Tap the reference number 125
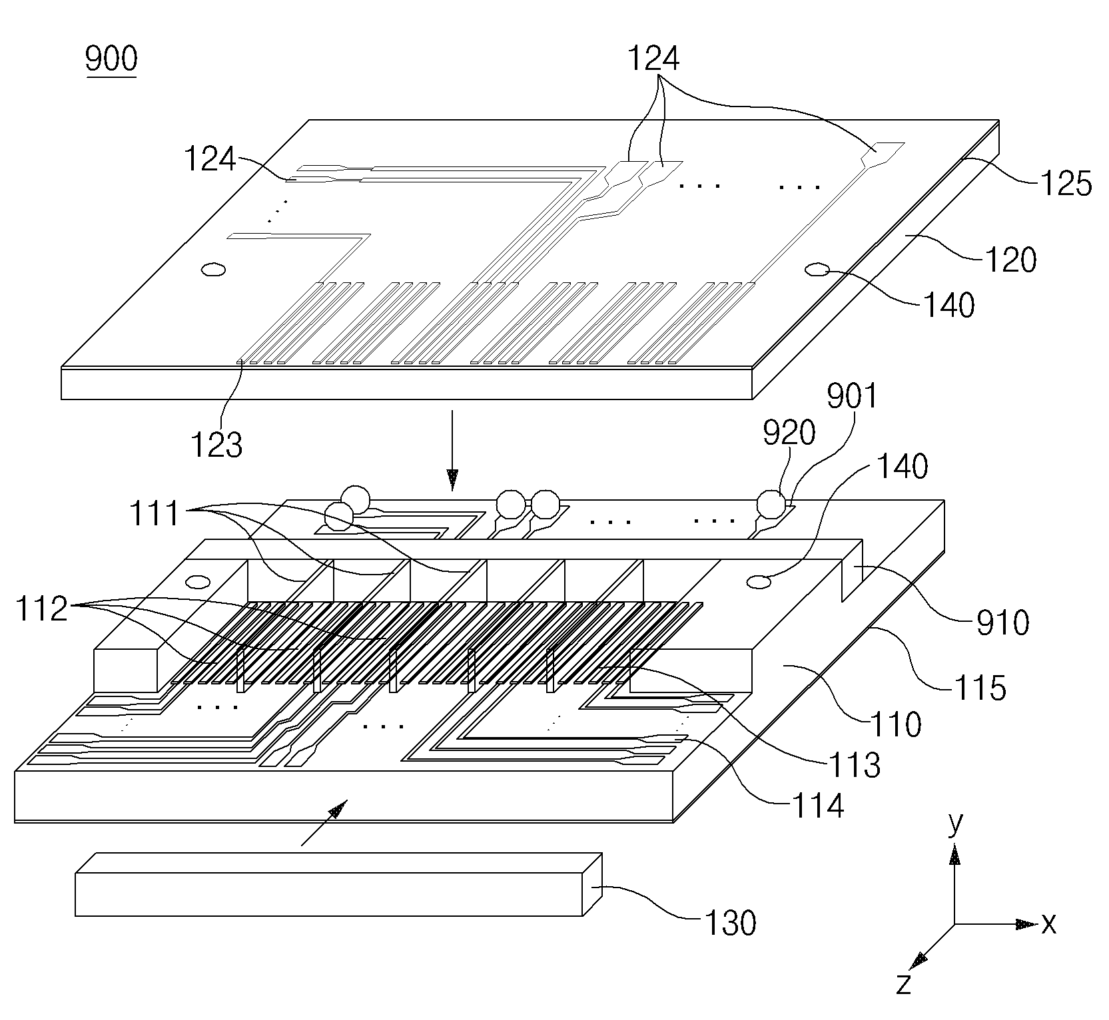click(1066, 183)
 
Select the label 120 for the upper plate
click(1010, 259)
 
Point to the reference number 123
click(216, 445)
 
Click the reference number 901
click(852, 397)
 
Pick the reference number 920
click(789, 433)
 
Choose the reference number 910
click(1003, 623)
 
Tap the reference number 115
click(979, 687)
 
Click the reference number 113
click(855, 766)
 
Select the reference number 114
click(818, 806)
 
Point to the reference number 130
click(730, 923)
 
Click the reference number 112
click(41, 609)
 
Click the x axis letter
click(1049, 923)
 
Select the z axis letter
click(903, 1002)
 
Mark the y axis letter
click(955, 824)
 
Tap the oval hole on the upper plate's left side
click(214, 270)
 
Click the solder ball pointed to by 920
click(771, 504)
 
